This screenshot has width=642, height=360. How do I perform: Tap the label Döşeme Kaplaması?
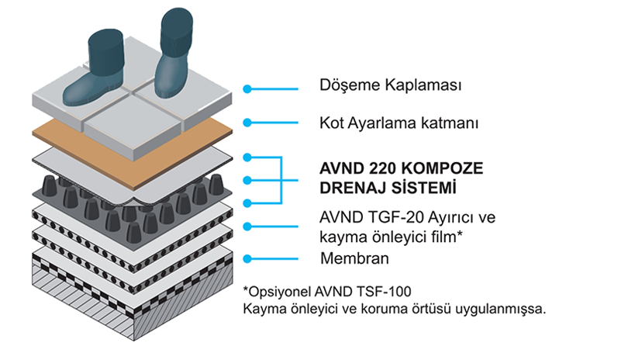tap(391, 85)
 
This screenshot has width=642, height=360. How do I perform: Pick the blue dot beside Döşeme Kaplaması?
tap(247, 89)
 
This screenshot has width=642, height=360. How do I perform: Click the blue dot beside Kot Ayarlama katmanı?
tap(247, 123)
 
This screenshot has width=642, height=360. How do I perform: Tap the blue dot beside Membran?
tap(247, 259)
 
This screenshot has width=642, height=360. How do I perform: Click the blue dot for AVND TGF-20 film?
tap(247, 226)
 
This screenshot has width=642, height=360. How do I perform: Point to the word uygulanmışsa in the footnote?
tap(504, 310)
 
